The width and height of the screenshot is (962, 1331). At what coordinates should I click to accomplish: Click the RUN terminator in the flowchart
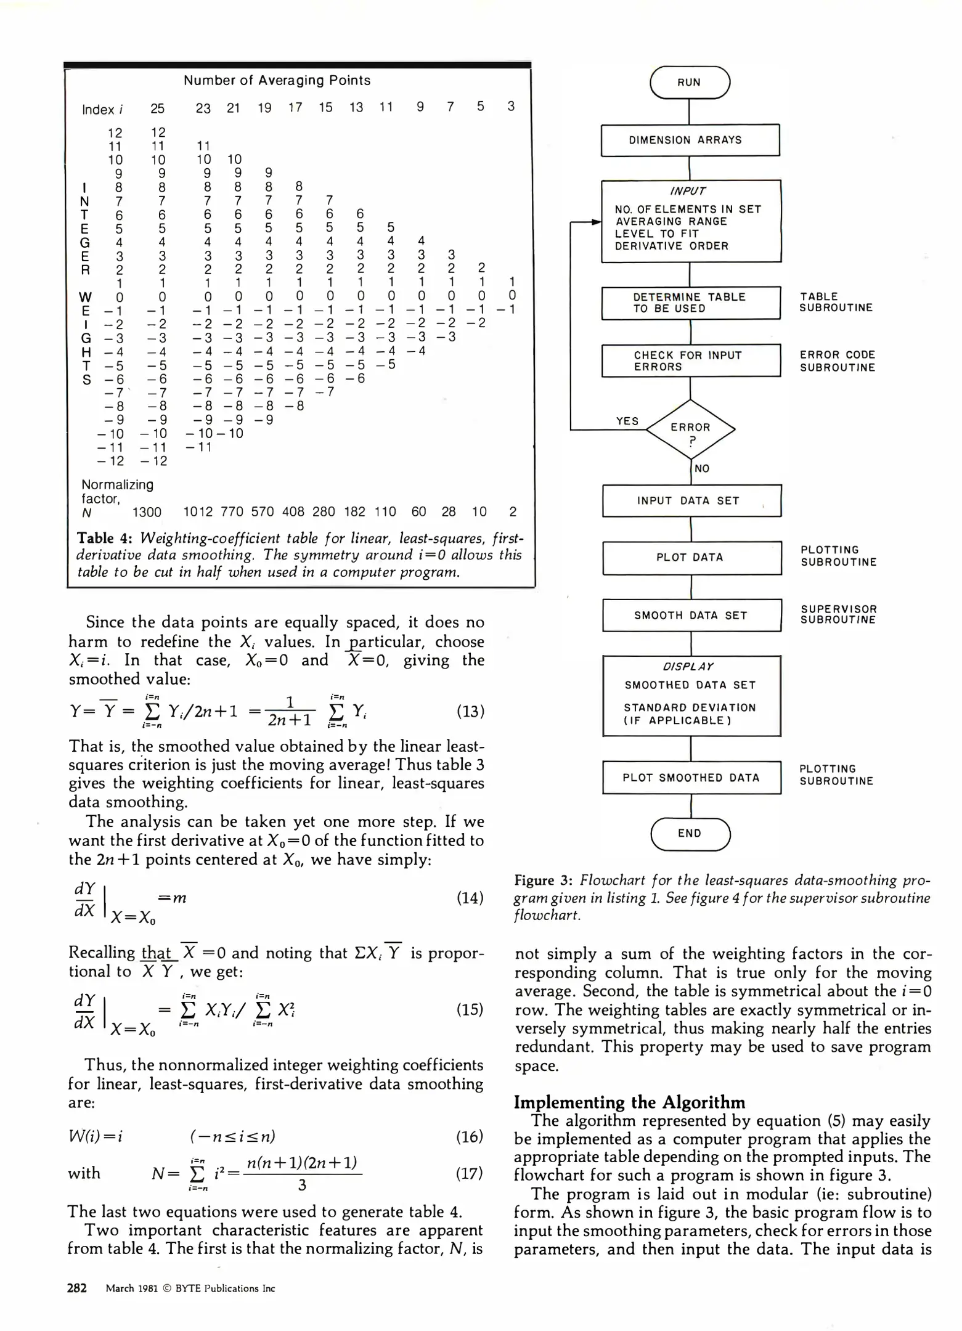coord(689,83)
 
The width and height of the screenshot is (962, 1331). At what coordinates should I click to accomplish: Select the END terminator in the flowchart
coord(690,833)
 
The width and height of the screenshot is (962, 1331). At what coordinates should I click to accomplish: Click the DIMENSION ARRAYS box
coord(690,140)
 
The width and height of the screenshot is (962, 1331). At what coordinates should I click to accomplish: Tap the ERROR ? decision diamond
coord(690,429)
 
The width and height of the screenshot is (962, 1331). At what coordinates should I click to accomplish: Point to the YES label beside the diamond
coord(627,421)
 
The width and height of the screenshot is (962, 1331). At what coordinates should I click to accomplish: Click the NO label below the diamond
coord(701,468)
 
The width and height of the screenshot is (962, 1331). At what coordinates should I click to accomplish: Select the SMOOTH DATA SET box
coord(691,615)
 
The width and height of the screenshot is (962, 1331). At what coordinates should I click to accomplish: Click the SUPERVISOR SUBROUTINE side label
coord(838,614)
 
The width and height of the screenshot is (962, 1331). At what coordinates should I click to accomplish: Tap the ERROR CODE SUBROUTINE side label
coord(837,361)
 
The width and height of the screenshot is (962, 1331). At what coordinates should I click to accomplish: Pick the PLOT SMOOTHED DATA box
coord(691,778)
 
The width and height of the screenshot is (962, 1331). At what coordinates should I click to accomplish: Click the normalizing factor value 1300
coord(147,512)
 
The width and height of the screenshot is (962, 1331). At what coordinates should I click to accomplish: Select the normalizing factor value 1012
coord(198,512)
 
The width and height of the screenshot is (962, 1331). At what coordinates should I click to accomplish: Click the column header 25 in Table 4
coord(157,108)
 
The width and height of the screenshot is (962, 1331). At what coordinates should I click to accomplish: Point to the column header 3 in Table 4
coord(510,106)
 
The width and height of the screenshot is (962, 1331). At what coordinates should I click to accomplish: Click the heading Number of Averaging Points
coord(277,80)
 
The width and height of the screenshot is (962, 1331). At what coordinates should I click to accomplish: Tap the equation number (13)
coord(470,712)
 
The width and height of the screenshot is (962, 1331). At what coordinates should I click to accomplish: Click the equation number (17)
coord(470,1173)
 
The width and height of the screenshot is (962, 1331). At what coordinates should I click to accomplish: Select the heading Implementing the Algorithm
coord(629,1102)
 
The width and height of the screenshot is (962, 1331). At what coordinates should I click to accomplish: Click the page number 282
coord(77,1288)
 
